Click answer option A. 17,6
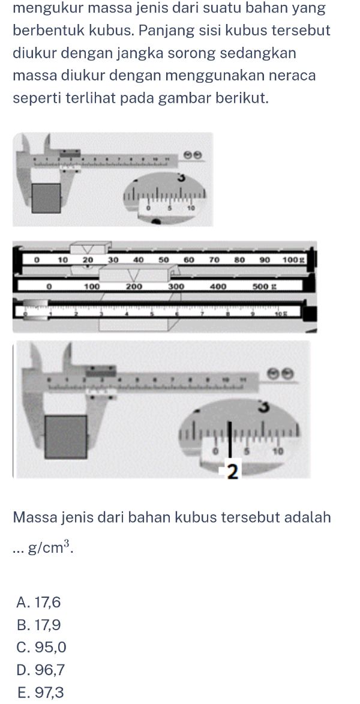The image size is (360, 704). [x=40, y=602]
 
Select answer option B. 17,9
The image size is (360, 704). [x=40, y=625]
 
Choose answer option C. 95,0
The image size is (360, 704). [x=42, y=648]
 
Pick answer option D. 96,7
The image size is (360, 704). [x=41, y=670]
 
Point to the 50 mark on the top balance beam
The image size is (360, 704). [x=163, y=260]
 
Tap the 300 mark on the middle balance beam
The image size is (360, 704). [x=176, y=287]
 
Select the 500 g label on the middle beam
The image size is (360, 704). [x=263, y=287]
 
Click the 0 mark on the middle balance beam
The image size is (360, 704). [x=50, y=287]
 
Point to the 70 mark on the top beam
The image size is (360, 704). [x=214, y=260]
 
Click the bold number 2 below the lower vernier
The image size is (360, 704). [x=233, y=472]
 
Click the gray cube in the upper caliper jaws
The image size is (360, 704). [x=47, y=198]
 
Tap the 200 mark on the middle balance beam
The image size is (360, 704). [x=133, y=287]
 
